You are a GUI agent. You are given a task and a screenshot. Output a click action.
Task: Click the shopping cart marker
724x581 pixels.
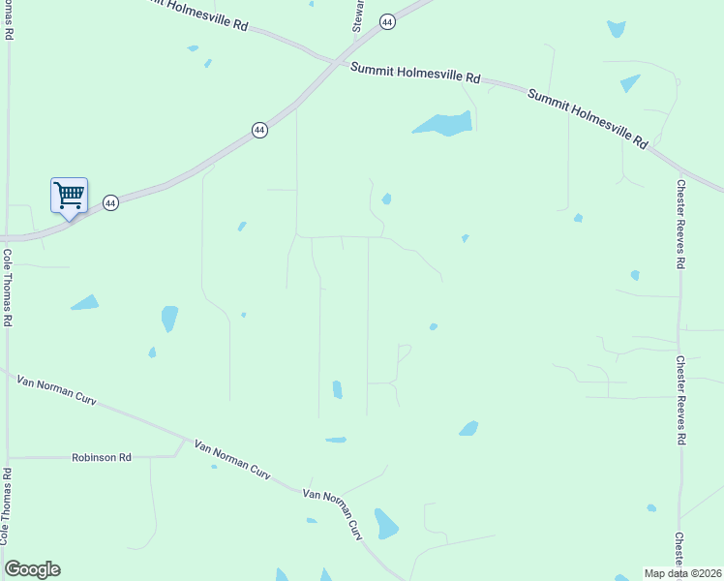pos(69,196)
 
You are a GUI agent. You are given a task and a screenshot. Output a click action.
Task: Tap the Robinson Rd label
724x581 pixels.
pos(102,457)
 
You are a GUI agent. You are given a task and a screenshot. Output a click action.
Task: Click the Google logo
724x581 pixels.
pos(33,568)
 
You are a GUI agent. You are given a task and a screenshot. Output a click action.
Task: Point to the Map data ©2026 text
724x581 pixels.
pos(682,573)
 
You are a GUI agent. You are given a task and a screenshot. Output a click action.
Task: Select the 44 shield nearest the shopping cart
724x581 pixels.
pos(111,203)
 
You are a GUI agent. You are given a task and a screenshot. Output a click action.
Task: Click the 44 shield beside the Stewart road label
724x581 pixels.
pos(387,22)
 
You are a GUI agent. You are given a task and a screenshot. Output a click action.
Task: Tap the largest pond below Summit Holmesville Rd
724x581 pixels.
pos(443,124)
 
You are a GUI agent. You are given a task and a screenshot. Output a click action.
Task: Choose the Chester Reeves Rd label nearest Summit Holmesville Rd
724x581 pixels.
pos(681,224)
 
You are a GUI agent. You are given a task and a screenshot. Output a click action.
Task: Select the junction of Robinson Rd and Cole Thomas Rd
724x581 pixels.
pos(8,457)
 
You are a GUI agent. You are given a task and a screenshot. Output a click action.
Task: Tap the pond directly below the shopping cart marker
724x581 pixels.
pos(84,303)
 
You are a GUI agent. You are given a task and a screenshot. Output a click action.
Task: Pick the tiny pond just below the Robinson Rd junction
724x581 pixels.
pos(214,467)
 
